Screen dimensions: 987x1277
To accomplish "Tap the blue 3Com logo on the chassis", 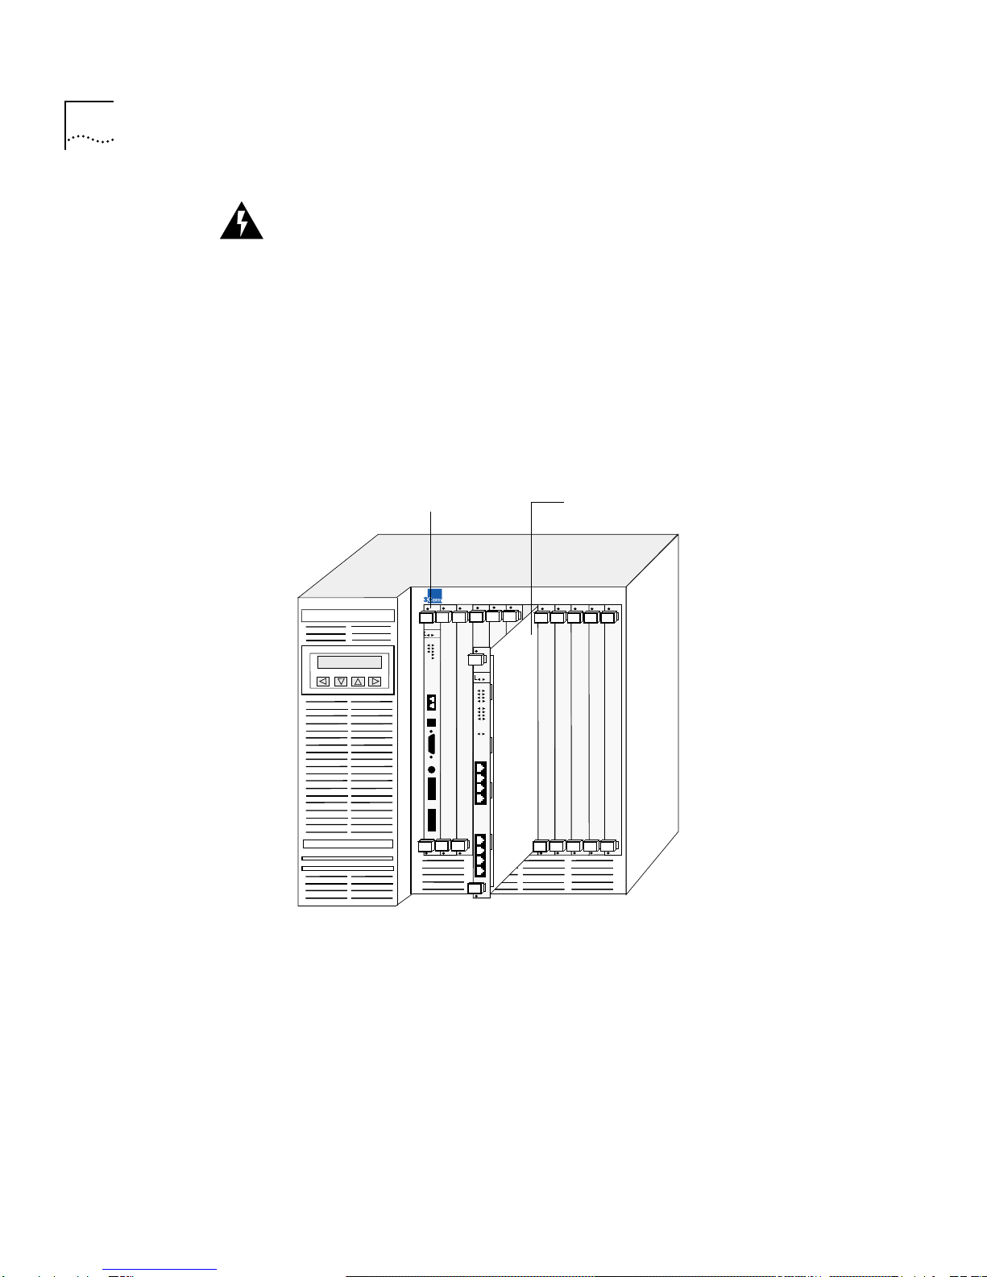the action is pos(434,596).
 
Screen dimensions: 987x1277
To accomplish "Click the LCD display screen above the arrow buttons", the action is pos(349,662).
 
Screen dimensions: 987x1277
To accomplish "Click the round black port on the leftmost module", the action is pos(432,769).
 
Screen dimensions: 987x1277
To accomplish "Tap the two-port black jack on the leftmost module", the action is pos(432,701).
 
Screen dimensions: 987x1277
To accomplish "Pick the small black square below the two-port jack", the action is pos(431,722).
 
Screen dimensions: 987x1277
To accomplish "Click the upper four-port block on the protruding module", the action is pos(480,782).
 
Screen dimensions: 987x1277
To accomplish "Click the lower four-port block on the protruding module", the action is pos(480,856).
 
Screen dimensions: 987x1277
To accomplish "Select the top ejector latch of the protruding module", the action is pos(478,659).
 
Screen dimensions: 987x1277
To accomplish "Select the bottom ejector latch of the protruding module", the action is pos(477,888).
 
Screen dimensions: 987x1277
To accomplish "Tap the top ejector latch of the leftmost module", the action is pos(428,618).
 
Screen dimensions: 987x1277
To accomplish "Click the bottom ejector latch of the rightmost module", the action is pos(608,847).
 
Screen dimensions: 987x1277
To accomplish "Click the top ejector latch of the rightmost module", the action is pos(608,618).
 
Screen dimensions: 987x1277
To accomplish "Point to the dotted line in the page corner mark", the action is pos(91,138).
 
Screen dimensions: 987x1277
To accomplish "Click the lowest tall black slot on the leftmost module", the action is pos(432,820).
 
